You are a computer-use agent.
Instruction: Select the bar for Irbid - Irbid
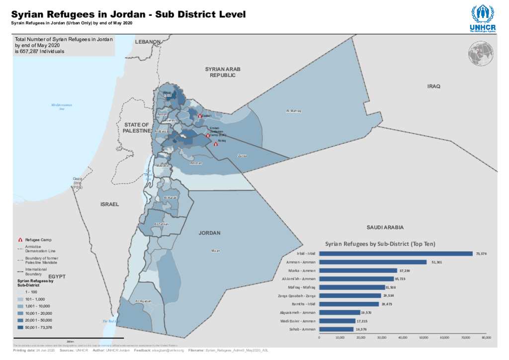(396, 254)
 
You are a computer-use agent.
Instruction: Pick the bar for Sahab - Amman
(336, 329)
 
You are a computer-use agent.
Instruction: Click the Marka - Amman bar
(358, 270)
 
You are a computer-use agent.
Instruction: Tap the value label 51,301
(436, 262)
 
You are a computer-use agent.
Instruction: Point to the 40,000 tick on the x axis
(403, 338)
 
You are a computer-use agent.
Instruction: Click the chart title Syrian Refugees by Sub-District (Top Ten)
(380, 244)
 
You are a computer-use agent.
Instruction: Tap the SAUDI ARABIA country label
(385, 227)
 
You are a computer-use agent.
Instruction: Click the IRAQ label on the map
(433, 87)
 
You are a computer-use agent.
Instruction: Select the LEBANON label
(148, 42)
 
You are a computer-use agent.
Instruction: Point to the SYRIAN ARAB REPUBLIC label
(222, 72)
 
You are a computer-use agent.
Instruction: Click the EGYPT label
(57, 275)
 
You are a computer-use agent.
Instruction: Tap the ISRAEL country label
(109, 204)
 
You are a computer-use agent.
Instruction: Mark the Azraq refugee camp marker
(216, 144)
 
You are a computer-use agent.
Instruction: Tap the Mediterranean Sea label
(62, 106)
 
